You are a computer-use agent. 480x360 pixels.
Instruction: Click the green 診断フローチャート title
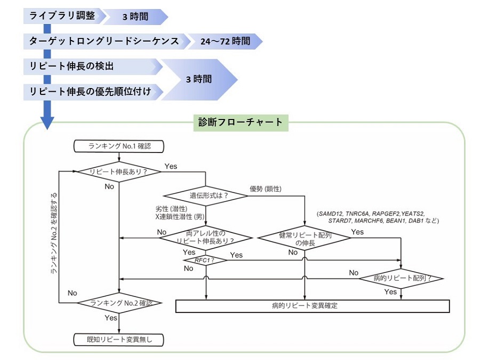pos(240,123)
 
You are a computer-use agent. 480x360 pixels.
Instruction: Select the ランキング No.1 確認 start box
pos(118,146)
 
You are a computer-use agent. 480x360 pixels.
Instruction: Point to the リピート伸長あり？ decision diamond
pos(118,171)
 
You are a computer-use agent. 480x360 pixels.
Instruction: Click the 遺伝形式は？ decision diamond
pos(206,195)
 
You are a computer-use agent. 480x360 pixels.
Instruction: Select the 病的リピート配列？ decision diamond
pos(402,278)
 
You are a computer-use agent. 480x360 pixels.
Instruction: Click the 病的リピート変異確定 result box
pos(313,306)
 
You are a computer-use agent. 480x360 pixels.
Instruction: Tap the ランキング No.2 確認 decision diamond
pos(118,303)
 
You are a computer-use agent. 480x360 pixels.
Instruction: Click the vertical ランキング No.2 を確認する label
pos(54,235)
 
